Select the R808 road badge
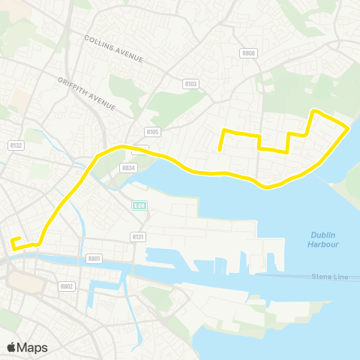pyautogui.click(x=248, y=53)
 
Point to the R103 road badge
pyautogui.click(x=190, y=84)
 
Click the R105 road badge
pyautogui.click(x=154, y=132)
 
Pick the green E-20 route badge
pyautogui.click(x=137, y=205)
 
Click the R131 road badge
pyautogui.click(x=136, y=236)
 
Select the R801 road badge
pyautogui.click(x=94, y=258)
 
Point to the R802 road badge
pyautogui.click(x=66, y=286)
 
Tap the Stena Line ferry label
pyautogui.click(x=331, y=277)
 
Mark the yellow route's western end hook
pyautogui.click(x=12, y=241)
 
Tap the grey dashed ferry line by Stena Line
pyautogui.click(x=285, y=277)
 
